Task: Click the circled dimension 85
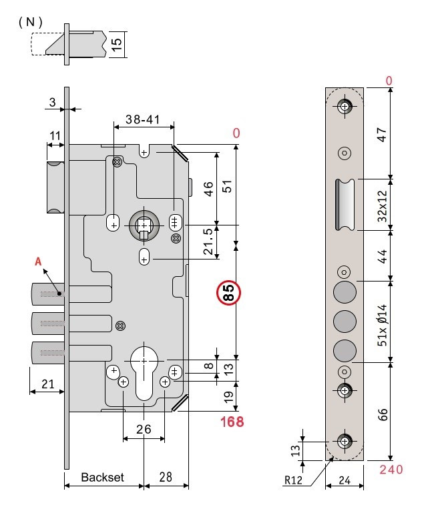click(x=228, y=293)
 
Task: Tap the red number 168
click(x=232, y=422)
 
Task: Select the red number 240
click(x=391, y=470)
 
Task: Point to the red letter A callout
click(x=39, y=263)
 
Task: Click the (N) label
click(x=31, y=22)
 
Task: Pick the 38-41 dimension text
click(x=142, y=121)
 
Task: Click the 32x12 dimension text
click(x=381, y=204)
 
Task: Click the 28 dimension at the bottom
click(x=167, y=478)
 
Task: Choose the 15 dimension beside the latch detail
click(x=116, y=45)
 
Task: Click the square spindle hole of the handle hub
click(x=144, y=227)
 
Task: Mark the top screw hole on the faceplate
click(x=345, y=107)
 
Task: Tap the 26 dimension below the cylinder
click(x=144, y=429)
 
